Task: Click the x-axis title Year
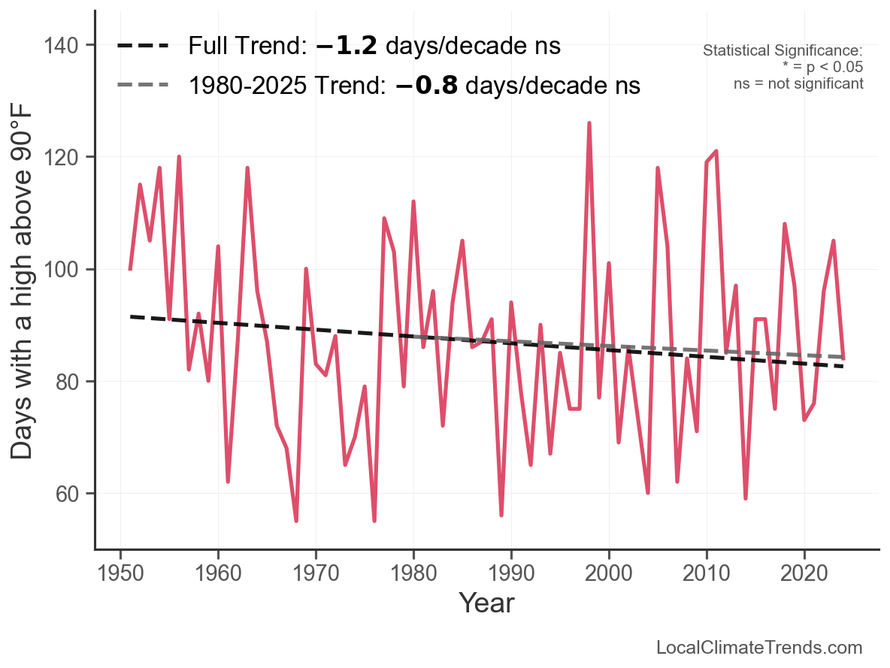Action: point(486,603)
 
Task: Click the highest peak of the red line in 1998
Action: point(589,123)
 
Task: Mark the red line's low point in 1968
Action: point(296,520)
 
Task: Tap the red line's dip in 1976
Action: point(374,520)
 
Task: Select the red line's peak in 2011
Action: point(716,151)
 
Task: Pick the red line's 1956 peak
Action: point(179,157)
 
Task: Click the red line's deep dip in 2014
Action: point(746,498)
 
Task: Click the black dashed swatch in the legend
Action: point(143,46)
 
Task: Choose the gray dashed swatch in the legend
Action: point(143,85)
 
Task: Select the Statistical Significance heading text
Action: point(783,50)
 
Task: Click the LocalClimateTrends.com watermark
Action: point(759,648)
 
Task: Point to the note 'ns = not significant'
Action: point(798,83)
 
